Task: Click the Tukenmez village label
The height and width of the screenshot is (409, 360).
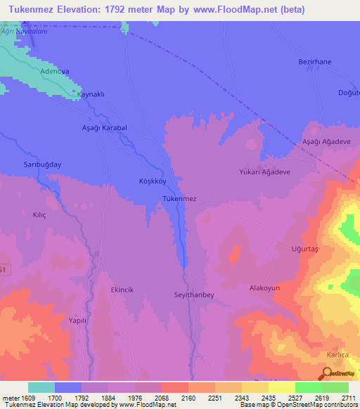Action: click(179, 199)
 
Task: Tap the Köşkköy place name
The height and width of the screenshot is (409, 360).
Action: click(152, 181)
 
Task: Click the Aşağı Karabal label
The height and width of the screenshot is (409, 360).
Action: click(104, 128)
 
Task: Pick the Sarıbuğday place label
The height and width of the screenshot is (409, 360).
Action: click(39, 164)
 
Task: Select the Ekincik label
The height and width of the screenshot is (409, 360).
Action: click(122, 289)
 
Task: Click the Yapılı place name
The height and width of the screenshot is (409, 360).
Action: click(77, 319)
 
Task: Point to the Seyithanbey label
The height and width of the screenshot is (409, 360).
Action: click(193, 294)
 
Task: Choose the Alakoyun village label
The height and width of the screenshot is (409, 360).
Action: click(265, 288)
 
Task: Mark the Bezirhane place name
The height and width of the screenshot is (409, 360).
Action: click(314, 62)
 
